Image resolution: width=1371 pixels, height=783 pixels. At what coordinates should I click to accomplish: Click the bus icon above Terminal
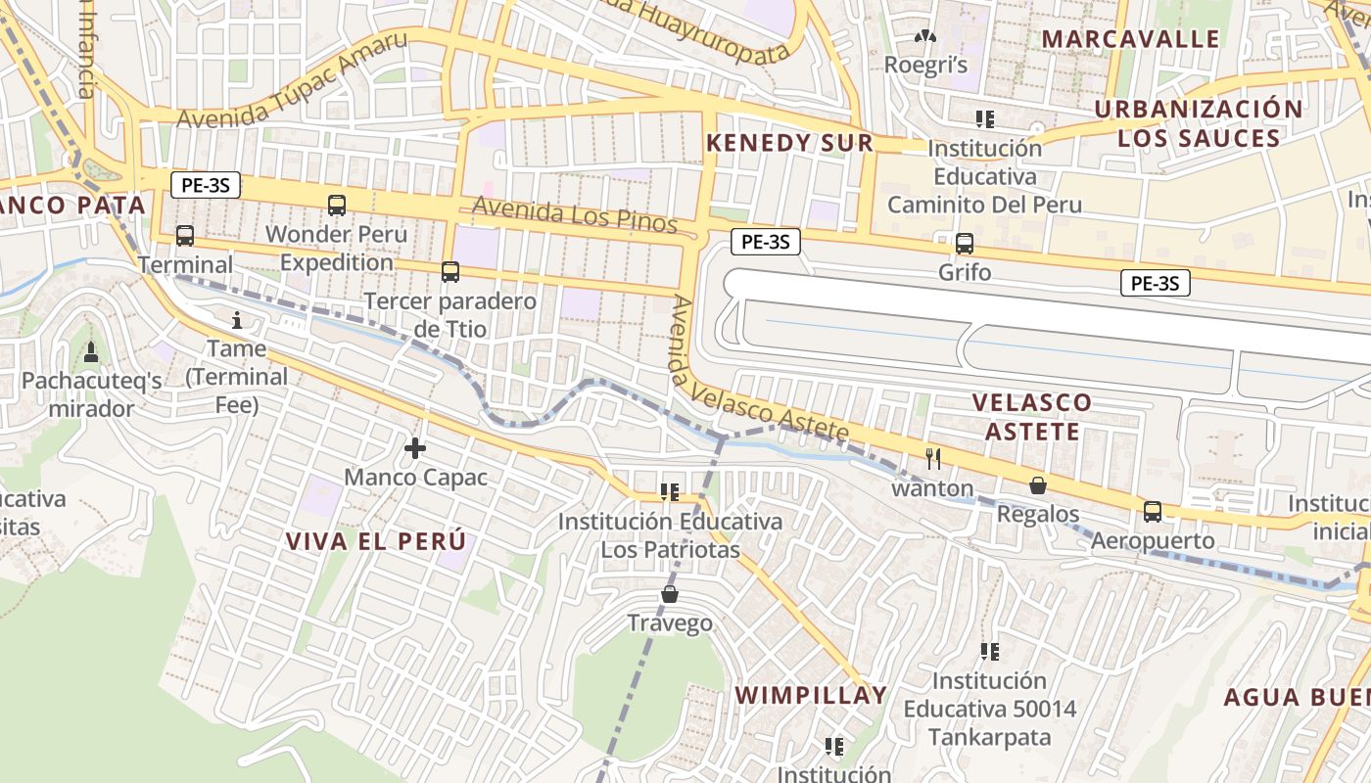point(185,236)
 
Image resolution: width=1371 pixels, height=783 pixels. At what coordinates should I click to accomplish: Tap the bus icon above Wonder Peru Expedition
point(337,206)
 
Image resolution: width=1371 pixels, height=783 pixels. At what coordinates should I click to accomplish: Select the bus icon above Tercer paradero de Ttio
point(450,272)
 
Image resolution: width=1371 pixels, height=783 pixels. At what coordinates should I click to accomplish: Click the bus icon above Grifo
point(965,244)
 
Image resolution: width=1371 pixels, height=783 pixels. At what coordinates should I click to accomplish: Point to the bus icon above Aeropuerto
point(1153,512)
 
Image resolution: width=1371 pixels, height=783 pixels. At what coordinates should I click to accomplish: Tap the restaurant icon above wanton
point(933,458)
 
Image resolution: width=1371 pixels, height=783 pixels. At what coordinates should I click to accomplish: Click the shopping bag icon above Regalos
point(1038,485)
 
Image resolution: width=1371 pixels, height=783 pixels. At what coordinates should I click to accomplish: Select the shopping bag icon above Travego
point(670,594)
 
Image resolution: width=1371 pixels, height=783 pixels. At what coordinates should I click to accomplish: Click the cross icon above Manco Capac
point(415,449)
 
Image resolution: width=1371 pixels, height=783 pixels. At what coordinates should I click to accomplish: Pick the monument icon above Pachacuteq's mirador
point(91,351)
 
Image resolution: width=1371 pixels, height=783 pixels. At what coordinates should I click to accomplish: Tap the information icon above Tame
point(236,320)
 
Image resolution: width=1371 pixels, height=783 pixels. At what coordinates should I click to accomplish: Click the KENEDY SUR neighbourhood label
point(789,143)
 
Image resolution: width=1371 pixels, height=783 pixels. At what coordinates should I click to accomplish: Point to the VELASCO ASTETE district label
point(1032,417)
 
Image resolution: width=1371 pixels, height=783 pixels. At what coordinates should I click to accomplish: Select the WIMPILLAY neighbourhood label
point(811,696)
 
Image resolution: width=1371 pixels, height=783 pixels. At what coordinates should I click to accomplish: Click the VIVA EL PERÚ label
point(375,541)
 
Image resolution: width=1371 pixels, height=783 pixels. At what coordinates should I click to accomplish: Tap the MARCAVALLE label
point(1130,39)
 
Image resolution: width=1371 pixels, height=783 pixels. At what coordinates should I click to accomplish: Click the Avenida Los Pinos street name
point(575,214)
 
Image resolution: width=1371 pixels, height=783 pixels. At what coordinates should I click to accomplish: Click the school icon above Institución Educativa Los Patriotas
point(670,491)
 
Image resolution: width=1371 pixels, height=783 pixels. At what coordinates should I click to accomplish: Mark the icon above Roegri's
point(925,37)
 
